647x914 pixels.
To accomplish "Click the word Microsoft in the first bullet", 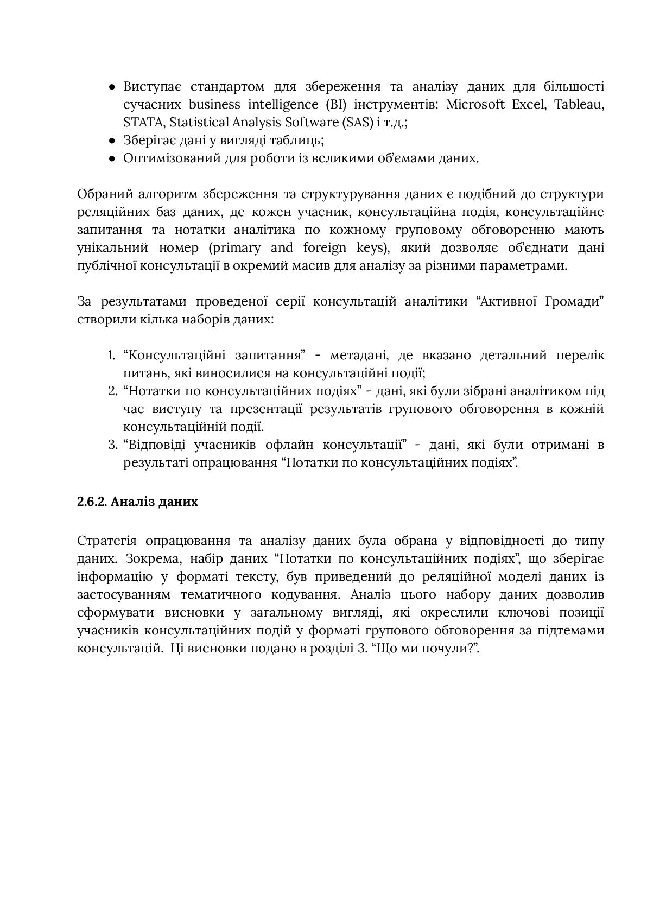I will pos(475,104).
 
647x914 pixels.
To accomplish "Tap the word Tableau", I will pos(579,104).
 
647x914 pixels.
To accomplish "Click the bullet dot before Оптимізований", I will pos(112,158).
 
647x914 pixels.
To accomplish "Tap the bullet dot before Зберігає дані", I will pos(112,141).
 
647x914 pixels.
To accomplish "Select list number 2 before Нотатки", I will pos(112,391).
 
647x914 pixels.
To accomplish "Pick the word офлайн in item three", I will pos(288,445).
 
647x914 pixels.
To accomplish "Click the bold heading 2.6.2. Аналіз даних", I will pos(137,502).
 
